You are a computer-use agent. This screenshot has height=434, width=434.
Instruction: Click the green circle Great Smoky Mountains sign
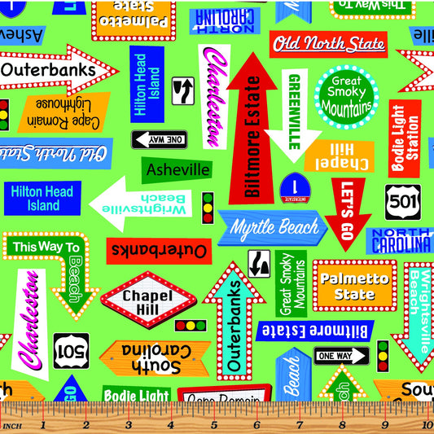(346, 97)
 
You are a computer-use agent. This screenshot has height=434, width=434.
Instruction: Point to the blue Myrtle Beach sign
(274, 227)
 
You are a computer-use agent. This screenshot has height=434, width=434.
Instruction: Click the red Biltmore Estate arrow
(253, 130)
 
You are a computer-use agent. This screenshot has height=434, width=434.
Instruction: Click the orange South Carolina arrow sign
(155, 358)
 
